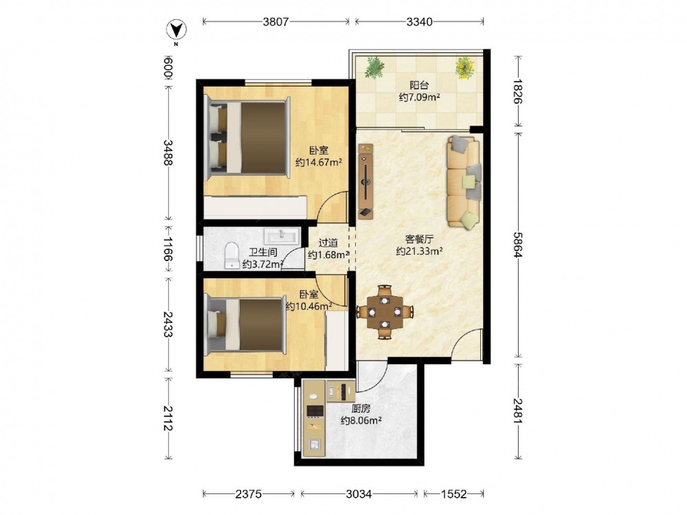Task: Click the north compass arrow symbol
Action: (x=176, y=30)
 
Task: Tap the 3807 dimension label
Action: (x=275, y=21)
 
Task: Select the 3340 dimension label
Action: (x=419, y=21)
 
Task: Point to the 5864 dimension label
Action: (x=518, y=244)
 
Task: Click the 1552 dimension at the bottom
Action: (x=453, y=494)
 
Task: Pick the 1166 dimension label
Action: (x=168, y=249)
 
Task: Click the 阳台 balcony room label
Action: (x=419, y=85)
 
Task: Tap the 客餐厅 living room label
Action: (x=419, y=239)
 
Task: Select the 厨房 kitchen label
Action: (x=361, y=409)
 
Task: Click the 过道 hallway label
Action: (x=328, y=242)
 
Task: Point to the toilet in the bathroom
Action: (x=231, y=255)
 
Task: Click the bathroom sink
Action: (x=281, y=236)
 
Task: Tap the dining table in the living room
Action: (x=385, y=312)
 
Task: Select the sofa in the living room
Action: (x=464, y=182)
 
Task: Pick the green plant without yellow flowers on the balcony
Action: (x=375, y=68)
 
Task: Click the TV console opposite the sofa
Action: (x=366, y=181)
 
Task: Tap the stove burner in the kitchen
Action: (x=315, y=411)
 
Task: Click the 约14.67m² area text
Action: (x=319, y=163)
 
